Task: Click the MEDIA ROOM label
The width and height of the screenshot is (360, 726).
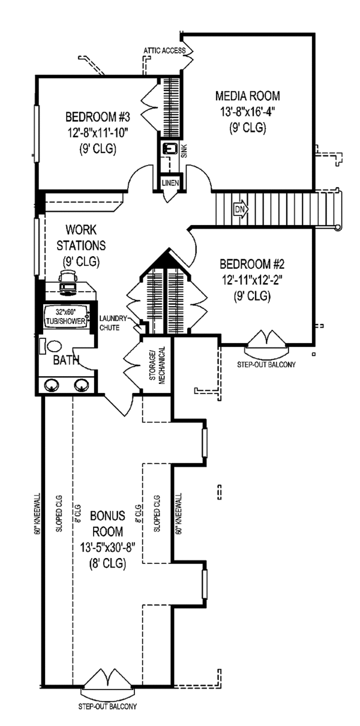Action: [x=247, y=96]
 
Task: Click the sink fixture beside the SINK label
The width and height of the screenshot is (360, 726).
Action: [x=170, y=148]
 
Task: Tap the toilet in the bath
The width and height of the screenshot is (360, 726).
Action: [x=53, y=347]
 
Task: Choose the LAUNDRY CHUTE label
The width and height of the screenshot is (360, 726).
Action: [x=112, y=322]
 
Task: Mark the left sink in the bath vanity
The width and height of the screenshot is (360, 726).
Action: [x=53, y=386]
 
